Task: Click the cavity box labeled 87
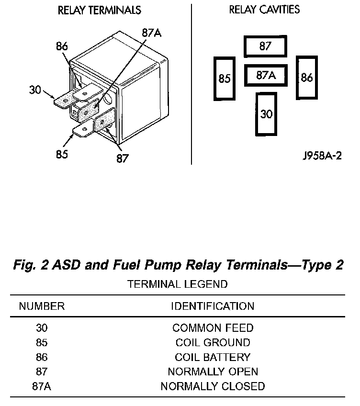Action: [265, 47]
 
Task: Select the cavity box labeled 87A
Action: [265, 75]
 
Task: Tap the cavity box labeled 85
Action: [225, 79]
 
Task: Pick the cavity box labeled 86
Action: [306, 78]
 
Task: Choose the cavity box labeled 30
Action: [266, 114]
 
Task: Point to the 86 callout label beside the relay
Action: [62, 46]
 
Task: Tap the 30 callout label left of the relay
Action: [35, 90]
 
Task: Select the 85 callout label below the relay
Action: [62, 154]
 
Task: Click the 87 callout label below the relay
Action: [123, 158]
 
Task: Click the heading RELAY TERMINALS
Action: [99, 10]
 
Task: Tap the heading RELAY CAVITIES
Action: [264, 10]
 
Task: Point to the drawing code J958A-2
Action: [322, 157]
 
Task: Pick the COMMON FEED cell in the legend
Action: [213, 328]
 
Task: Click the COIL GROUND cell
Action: [213, 343]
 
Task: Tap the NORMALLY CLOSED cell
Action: [213, 386]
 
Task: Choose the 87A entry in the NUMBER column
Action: [42, 386]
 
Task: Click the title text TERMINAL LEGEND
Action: [178, 284]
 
